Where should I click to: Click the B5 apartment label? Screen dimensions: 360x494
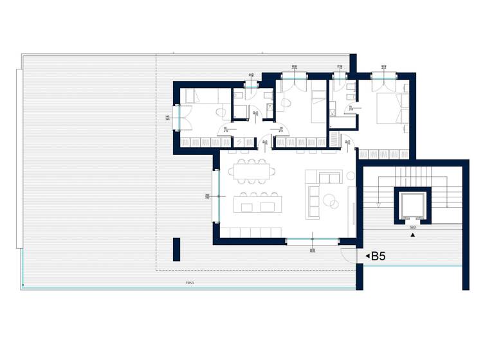(x=378, y=256)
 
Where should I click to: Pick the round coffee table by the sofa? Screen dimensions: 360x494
(x=332, y=201)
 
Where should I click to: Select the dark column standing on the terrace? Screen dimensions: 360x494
(x=176, y=249)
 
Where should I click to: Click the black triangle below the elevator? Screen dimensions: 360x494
(x=413, y=235)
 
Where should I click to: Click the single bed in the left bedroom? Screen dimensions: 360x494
(x=199, y=96)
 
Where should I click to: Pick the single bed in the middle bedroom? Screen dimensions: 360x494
(x=318, y=105)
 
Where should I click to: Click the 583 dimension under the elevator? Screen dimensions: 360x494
(x=412, y=227)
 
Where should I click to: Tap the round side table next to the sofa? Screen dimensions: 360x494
(x=350, y=175)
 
